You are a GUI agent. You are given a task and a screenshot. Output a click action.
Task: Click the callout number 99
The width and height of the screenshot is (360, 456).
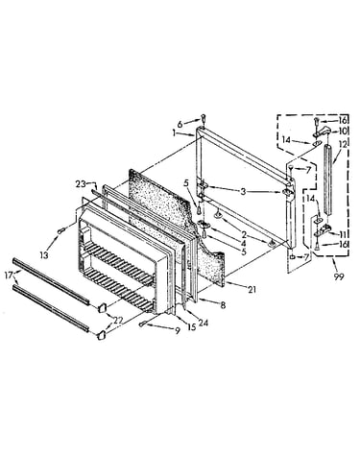pyautogui.click(x=338, y=276)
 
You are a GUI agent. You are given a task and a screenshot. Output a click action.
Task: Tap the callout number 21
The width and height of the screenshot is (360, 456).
pyautogui.click(x=252, y=289)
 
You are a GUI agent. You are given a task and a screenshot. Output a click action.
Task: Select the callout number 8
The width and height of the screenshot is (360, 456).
pyautogui.click(x=223, y=305)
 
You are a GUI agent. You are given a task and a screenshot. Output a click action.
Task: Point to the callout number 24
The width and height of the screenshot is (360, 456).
pyautogui.click(x=203, y=323)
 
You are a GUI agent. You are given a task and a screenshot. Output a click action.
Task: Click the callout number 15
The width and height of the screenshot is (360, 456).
pyautogui.click(x=191, y=327)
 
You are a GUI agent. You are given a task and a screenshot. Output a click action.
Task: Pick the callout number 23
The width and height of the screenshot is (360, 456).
pyautogui.click(x=81, y=184)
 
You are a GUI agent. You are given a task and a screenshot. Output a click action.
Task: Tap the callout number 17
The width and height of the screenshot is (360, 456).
pyautogui.click(x=9, y=275)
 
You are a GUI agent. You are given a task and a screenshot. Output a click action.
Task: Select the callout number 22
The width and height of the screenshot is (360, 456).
pyautogui.click(x=118, y=320)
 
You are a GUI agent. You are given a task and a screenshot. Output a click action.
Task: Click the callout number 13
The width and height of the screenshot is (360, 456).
pyautogui.click(x=44, y=254)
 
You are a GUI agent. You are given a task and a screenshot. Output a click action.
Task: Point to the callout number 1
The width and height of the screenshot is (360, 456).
pyautogui.click(x=175, y=132)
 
